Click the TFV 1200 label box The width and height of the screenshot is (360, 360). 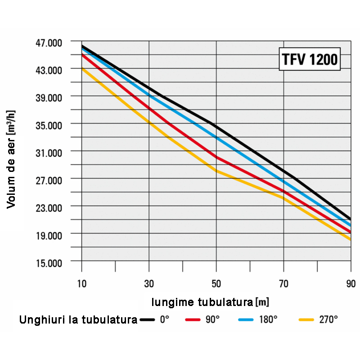pyautogui.click(x=309, y=59)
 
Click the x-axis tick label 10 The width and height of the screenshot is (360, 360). pyautogui.click(x=81, y=283)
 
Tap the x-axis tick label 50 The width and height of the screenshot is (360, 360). pyautogui.click(x=216, y=283)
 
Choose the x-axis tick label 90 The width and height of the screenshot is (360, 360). pyautogui.click(x=351, y=283)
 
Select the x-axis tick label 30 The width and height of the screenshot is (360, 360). pyautogui.click(x=149, y=283)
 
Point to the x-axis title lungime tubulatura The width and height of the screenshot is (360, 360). pyautogui.click(x=210, y=301)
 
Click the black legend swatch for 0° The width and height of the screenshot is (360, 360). pyautogui.click(x=147, y=319)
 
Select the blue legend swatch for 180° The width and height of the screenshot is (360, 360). pyautogui.click(x=246, y=319)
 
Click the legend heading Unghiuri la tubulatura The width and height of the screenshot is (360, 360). pyautogui.click(x=78, y=320)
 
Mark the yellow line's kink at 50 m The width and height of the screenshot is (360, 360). pyautogui.click(x=216, y=171)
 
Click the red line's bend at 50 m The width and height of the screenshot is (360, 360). pyautogui.click(x=216, y=157)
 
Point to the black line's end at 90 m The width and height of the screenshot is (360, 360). pyautogui.click(x=350, y=219)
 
